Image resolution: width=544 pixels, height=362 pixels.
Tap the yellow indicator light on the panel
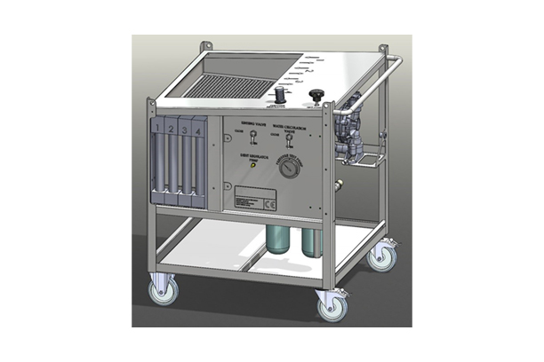(x=252, y=165)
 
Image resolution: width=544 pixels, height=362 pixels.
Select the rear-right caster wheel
(x=383, y=256)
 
